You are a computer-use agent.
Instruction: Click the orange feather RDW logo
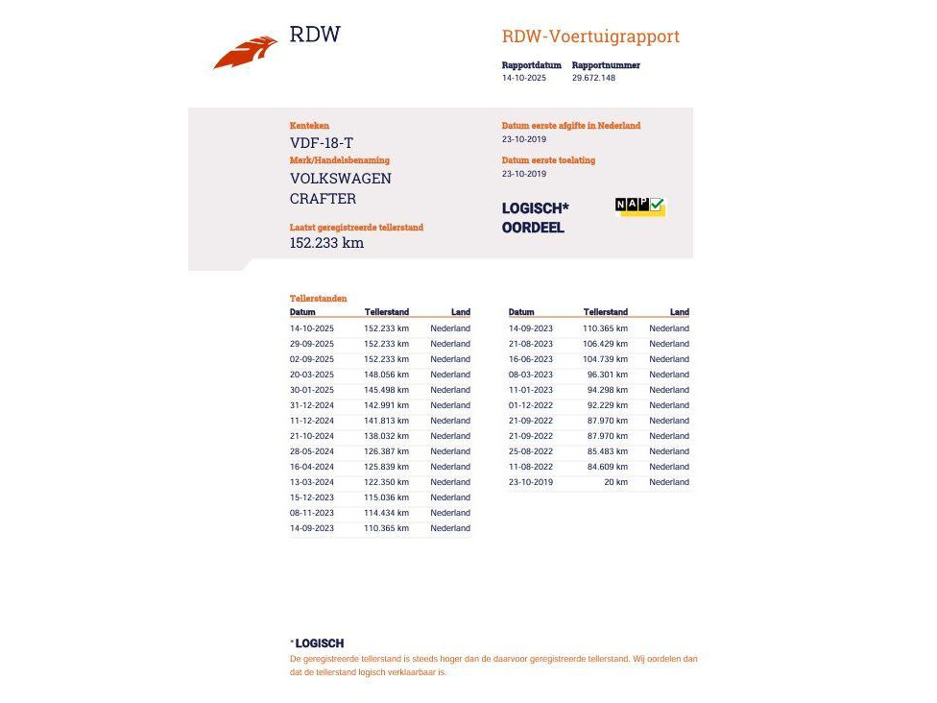point(246,52)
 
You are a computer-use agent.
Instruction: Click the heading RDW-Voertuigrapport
point(590,36)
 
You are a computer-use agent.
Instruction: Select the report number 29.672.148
point(593,78)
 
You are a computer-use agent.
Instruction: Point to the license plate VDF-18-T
point(322,143)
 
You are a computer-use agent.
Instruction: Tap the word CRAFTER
point(323,199)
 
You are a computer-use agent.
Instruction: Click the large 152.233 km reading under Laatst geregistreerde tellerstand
point(326,243)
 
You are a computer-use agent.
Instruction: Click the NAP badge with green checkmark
point(639,206)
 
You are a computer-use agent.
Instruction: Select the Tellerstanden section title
point(319,299)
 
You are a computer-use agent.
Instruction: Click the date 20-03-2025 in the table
point(312,375)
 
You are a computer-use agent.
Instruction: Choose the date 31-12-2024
point(312,405)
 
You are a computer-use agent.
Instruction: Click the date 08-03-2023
point(531,375)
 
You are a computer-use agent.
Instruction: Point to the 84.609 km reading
point(608,467)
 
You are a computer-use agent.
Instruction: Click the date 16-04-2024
point(312,467)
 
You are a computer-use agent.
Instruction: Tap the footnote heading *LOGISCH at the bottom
point(317,643)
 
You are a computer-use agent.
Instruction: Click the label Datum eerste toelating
point(548,160)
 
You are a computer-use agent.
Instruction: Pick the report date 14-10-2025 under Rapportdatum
point(524,78)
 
